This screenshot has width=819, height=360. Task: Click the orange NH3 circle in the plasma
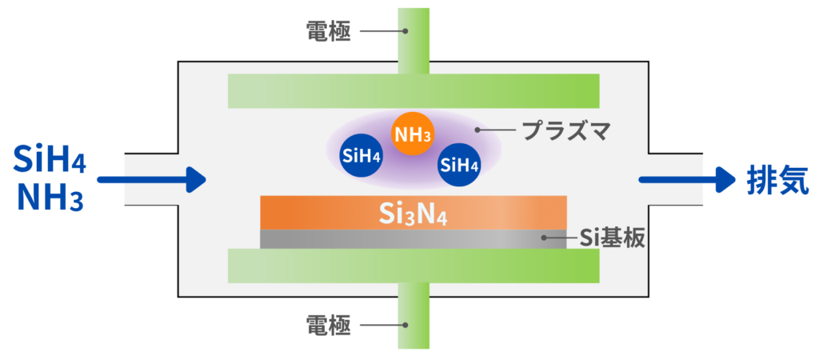[x=412, y=134]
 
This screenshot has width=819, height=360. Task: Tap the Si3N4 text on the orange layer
[x=413, y=214]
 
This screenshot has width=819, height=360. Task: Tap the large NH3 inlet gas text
[x=50, y=197]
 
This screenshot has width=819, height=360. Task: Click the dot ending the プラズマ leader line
[x=478, y=130]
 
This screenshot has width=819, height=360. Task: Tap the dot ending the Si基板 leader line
[x=544, y=238]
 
